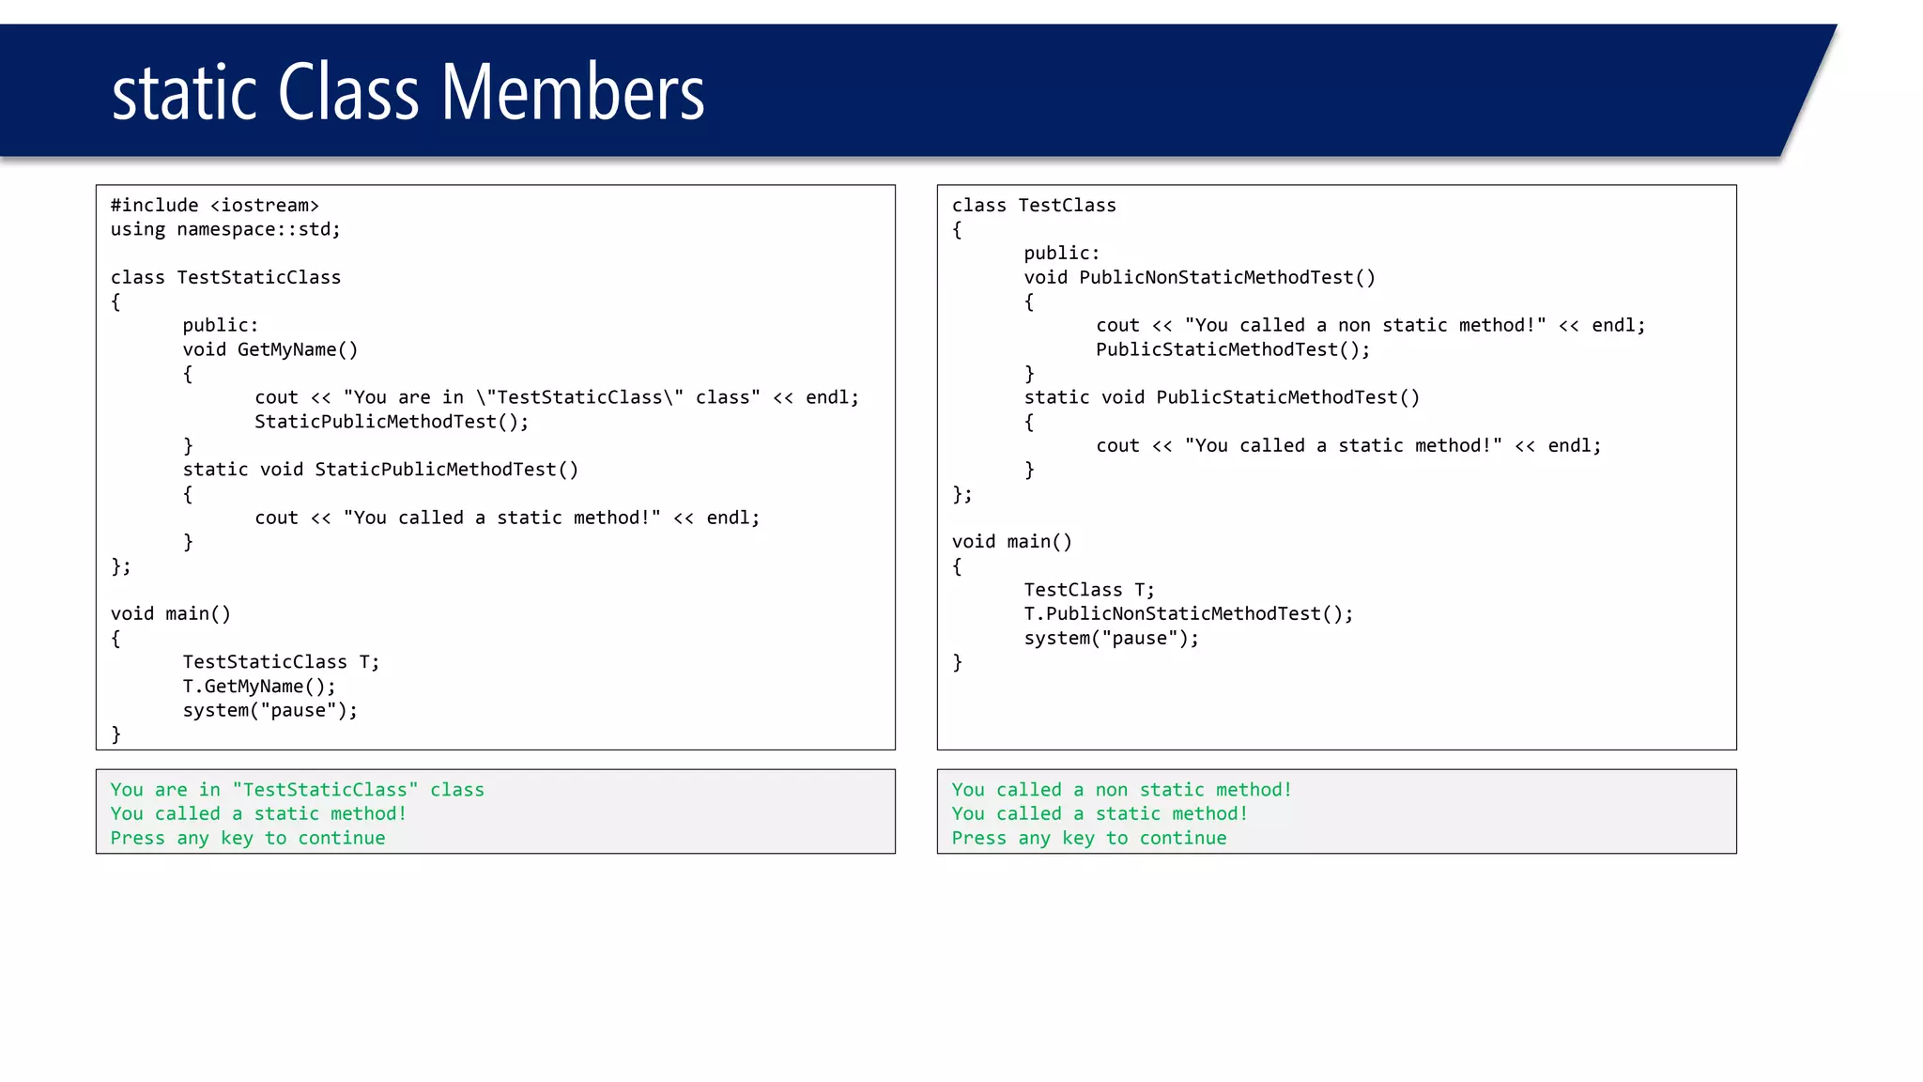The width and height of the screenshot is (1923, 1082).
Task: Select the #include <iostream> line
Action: (x=215, y=206)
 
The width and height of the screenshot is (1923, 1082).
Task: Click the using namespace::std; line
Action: (x=225, y=229)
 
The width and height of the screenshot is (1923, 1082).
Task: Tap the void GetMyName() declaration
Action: (x=270, y=349)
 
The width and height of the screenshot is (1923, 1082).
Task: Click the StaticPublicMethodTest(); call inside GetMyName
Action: (x=392, y=422)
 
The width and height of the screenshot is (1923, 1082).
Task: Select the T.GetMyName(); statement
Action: (x=259, y=687)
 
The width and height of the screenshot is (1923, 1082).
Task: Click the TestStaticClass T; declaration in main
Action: (x=281, y=662)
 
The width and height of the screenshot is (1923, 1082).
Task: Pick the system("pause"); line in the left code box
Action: (x=270, y=710)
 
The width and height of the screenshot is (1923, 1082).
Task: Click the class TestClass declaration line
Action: (x=1034, y=206)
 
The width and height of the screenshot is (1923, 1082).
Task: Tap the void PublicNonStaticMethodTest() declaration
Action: (x=1199, y=278)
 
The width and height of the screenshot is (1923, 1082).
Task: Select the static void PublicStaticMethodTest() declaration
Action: (x=1222, y=397)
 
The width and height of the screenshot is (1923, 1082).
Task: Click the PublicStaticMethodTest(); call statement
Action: (x=1233, y=349)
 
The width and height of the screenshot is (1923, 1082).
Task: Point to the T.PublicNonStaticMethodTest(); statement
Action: (x=1189, y=614)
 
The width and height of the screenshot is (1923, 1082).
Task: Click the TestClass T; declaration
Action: (x=1089, y=590)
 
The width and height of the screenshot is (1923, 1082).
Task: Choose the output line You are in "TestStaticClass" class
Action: (x=297, y=790)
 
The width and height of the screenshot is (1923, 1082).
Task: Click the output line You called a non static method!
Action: (x=1121, y=790)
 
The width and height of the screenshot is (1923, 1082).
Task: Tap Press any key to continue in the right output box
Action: (x=1089, y=838)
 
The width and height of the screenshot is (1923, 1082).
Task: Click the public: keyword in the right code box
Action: (x=1061, y=254)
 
